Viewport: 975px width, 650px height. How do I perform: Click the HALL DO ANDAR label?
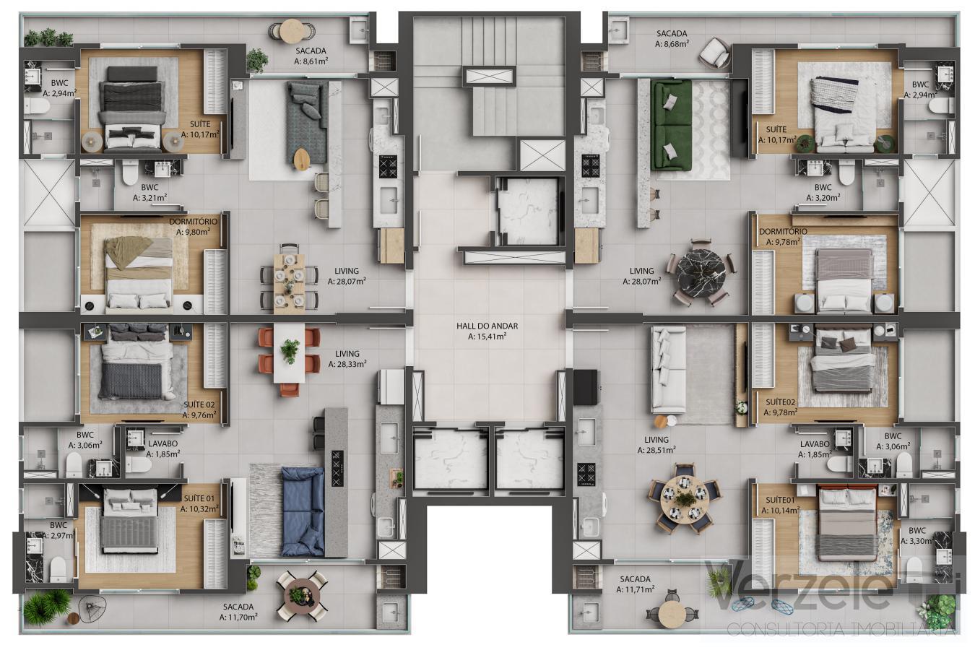click(x=487, y=326)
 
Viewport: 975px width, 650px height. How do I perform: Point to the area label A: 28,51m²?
click(x=656, y=450)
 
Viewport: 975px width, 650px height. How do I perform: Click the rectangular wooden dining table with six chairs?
click(x=289, y=280)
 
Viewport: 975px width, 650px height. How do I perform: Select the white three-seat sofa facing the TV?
click(x=668, y=369)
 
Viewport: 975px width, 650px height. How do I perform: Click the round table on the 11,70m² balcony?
click(x=303, y=596)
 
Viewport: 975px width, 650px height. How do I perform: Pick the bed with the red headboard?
click(x=846, y=524)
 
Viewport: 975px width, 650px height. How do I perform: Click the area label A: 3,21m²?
click(x=149, y=197)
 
